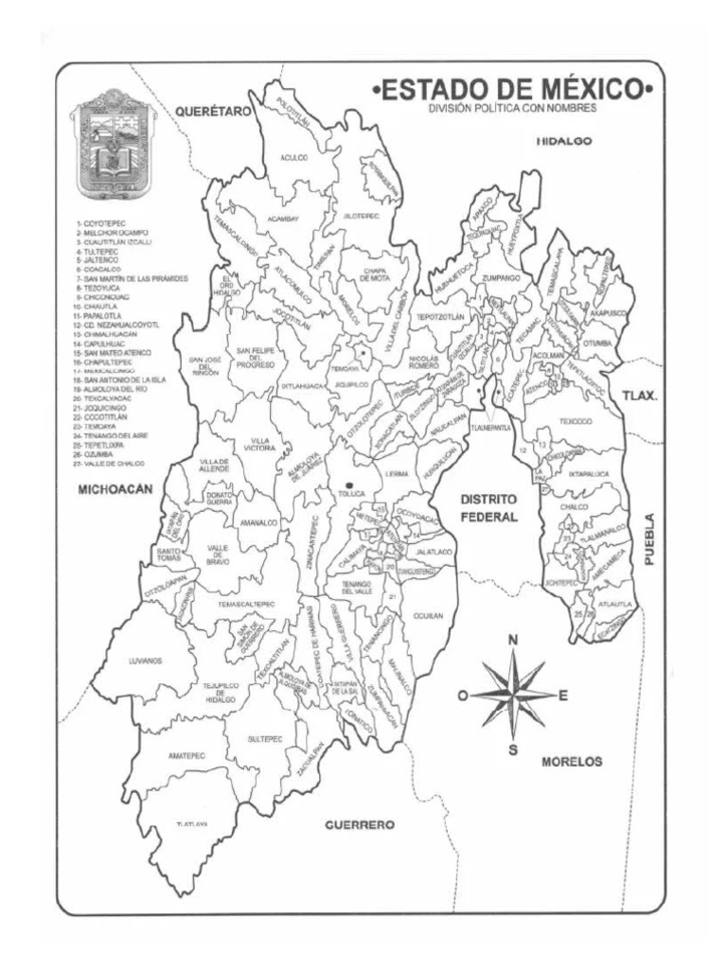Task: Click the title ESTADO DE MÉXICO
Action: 515,90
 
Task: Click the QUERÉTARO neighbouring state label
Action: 215,112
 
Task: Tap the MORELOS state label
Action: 573,761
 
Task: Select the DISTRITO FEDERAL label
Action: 488,507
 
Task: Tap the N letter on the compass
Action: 513,641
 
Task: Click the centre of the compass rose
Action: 512,696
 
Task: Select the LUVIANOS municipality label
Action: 147,661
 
